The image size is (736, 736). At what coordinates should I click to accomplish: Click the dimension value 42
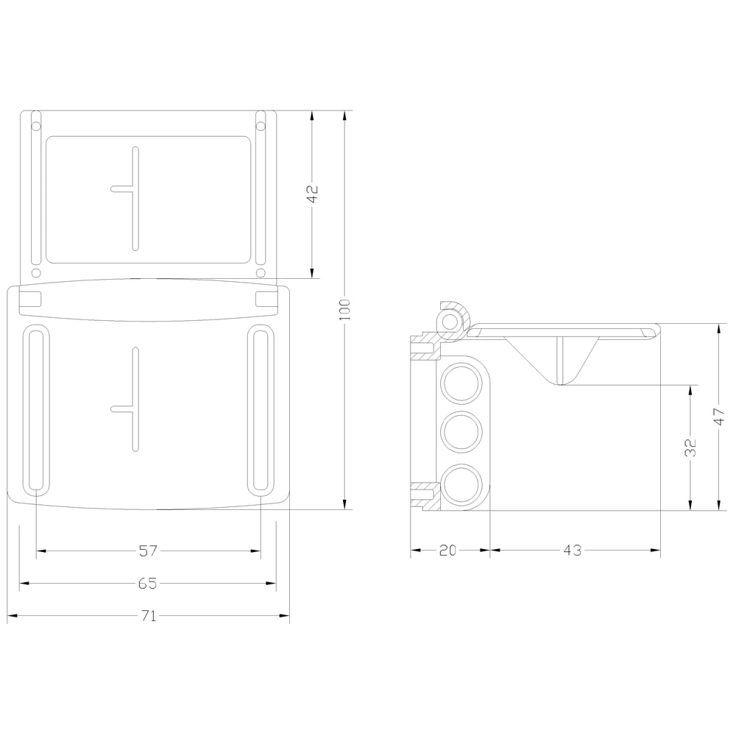(x=312, y=194)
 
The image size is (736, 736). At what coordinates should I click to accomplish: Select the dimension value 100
(x=345, y=310)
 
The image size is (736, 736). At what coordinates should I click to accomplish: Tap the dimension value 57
(x=149, y=551)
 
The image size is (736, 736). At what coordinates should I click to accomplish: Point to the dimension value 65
(x=148, y=584)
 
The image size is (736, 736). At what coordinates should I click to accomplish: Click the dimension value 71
(x=149, y=616)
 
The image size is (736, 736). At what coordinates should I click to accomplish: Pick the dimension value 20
(x=447, y=550)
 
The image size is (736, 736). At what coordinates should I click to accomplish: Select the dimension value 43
(x=572, y=550)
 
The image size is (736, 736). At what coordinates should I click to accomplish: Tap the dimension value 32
(x=690, y=447)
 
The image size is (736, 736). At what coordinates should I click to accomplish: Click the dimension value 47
(x=719, y=417)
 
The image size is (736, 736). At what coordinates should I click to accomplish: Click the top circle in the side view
(x=461, y=383)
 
